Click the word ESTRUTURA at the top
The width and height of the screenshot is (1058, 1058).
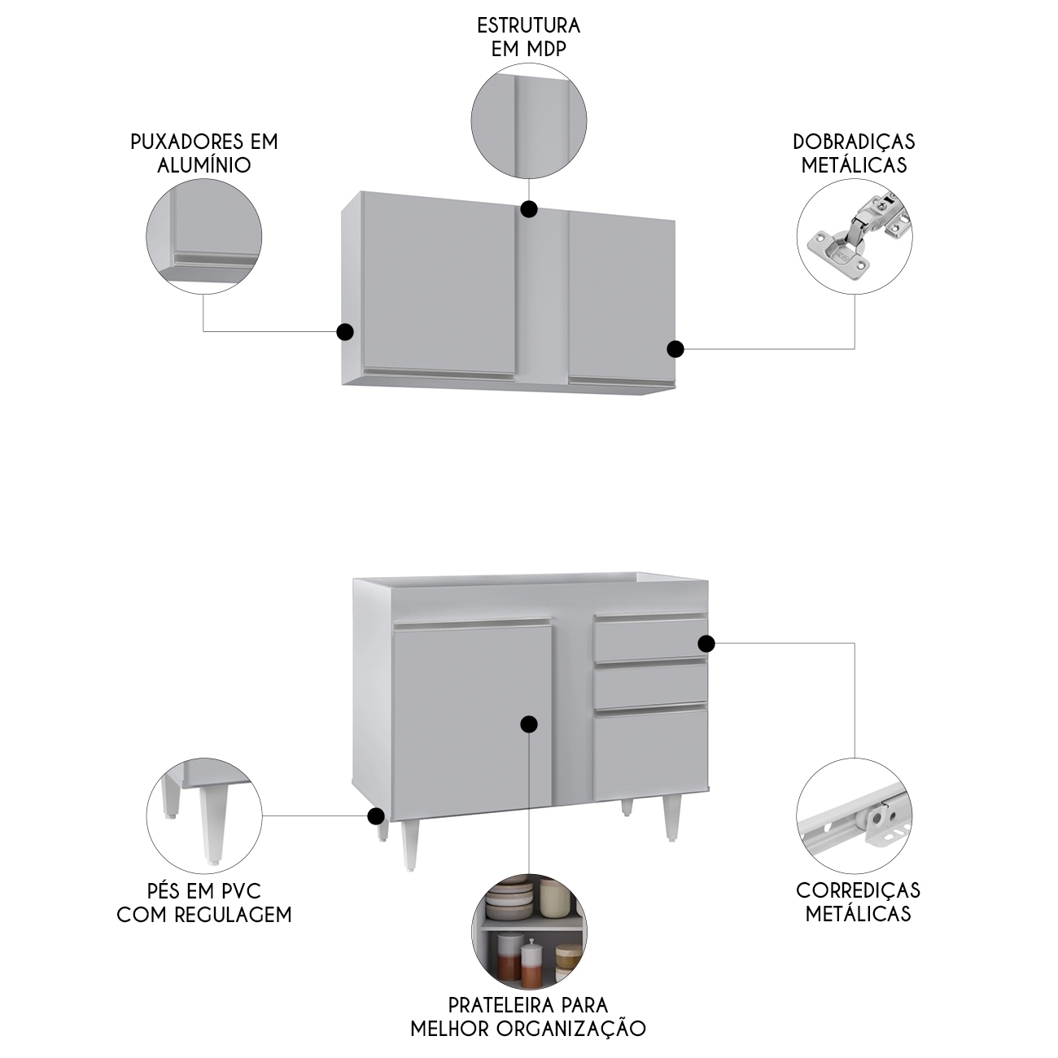pos(529,26)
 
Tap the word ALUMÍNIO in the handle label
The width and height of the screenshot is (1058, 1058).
pos(204,165)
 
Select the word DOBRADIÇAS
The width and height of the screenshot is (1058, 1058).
pos(854,142)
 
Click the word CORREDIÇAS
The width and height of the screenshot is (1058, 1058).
pos(858,890)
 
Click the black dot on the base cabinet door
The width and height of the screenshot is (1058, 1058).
pos(529,725)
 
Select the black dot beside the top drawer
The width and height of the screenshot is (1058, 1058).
pos(706,644)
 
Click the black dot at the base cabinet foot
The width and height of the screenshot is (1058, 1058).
pos(375,831)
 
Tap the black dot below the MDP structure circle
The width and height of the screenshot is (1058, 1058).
pos(529,209)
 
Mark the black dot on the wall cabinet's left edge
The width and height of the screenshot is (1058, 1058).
pos(345,331)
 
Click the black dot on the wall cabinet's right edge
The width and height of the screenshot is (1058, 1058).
pos(675,348)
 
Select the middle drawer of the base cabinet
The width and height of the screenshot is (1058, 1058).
pos(650,685)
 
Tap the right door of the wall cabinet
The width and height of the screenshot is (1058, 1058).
pos(622,298)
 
